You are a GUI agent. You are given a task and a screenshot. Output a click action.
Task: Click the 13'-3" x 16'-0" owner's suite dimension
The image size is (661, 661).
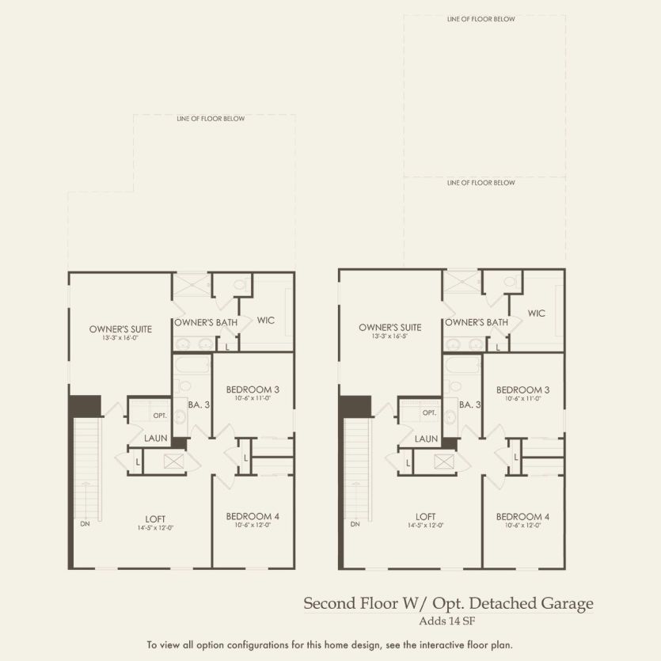tap(110, 338)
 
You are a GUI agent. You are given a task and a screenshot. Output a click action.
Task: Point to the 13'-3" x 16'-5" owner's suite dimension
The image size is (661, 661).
tap(379, 336)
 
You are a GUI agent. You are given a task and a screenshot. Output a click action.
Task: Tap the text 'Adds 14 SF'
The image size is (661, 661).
tap(448, 621)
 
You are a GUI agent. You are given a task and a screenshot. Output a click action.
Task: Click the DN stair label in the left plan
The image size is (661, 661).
tap(85, 523)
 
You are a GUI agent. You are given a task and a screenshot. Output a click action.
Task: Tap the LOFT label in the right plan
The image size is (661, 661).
tap(426, 517)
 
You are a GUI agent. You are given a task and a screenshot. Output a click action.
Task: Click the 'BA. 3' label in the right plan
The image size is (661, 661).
tap(469, 405)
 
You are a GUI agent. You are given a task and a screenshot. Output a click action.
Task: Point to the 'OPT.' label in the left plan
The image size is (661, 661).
tap(160, 416)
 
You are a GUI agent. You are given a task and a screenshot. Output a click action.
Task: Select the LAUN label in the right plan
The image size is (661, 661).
tap(426, 439)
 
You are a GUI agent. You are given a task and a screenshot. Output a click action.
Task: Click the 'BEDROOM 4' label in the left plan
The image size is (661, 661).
tap(253, 516)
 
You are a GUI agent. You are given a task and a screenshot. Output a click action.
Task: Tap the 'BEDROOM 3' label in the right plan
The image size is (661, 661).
tap(522, 389)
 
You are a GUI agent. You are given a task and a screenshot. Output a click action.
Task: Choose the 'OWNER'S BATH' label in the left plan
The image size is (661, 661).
tap(205, 322)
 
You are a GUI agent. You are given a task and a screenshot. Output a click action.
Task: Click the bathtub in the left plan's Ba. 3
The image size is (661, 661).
tap(192, 366)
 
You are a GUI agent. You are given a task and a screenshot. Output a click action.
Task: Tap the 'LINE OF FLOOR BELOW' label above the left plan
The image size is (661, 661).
tap(211, 119)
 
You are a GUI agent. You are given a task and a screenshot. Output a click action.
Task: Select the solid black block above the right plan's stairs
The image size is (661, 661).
tap(355, 405)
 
